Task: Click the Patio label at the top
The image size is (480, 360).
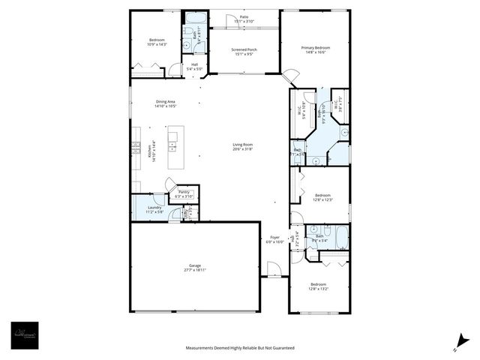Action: click(x=244, y=16)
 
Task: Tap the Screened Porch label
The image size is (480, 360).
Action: click(x=244, y=49)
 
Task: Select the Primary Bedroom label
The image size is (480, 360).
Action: click(x=316, y=47)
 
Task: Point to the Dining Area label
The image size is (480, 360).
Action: click(x=165, y=102)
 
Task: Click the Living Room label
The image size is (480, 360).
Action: click(x=242, y=144)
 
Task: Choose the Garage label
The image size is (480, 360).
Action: click(x=195, y=265)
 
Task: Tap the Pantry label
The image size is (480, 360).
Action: click(x=184, y=192)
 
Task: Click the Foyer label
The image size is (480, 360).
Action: click(x=275, y=237)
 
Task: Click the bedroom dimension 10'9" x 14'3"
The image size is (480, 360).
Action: click(x=156, y=45)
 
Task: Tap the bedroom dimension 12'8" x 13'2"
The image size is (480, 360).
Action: click(x=319, y=289)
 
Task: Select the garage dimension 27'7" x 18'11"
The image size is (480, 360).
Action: click(x=195, y=270)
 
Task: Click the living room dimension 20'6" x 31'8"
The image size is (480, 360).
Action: click(x=242, y=148)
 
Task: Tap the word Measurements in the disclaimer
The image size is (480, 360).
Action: click(x=202, y=348)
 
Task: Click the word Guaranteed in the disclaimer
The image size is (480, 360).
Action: click(x=280, y=348)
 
